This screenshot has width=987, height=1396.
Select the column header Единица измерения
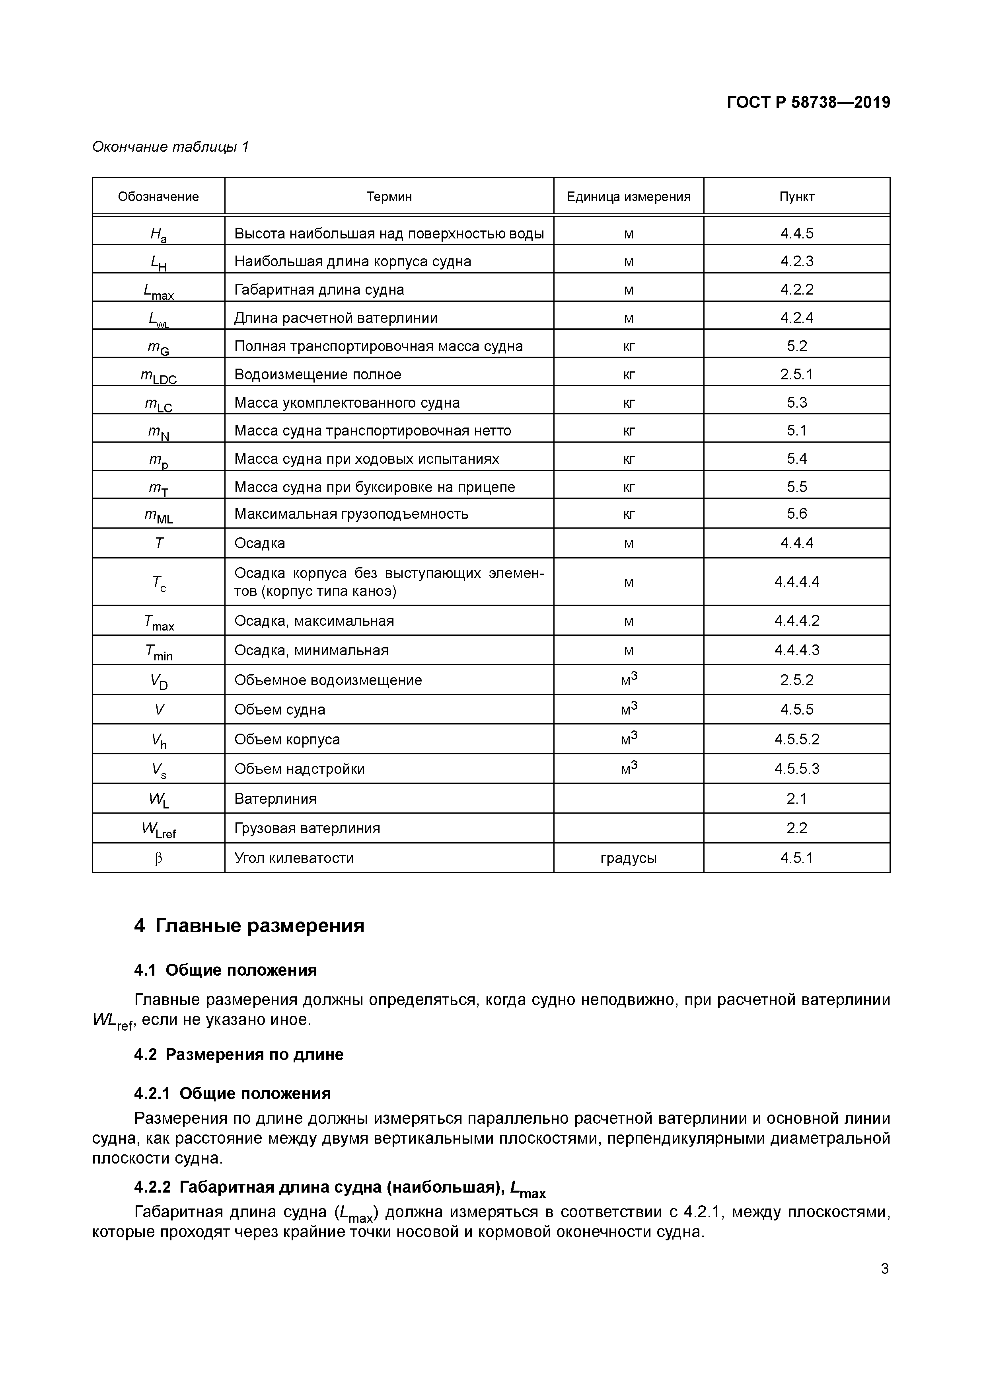pos(629,196)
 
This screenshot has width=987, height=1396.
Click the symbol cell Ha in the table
pos(159,234)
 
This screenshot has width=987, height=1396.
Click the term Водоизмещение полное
pos(318,375)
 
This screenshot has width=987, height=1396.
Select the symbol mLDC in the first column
pos(159,376)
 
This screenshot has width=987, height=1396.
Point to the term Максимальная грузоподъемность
pos(351,514)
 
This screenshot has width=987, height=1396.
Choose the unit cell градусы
pos(629,858)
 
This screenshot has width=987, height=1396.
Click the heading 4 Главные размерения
pos(249,926)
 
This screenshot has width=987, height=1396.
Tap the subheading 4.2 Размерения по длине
pos(239,1054)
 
